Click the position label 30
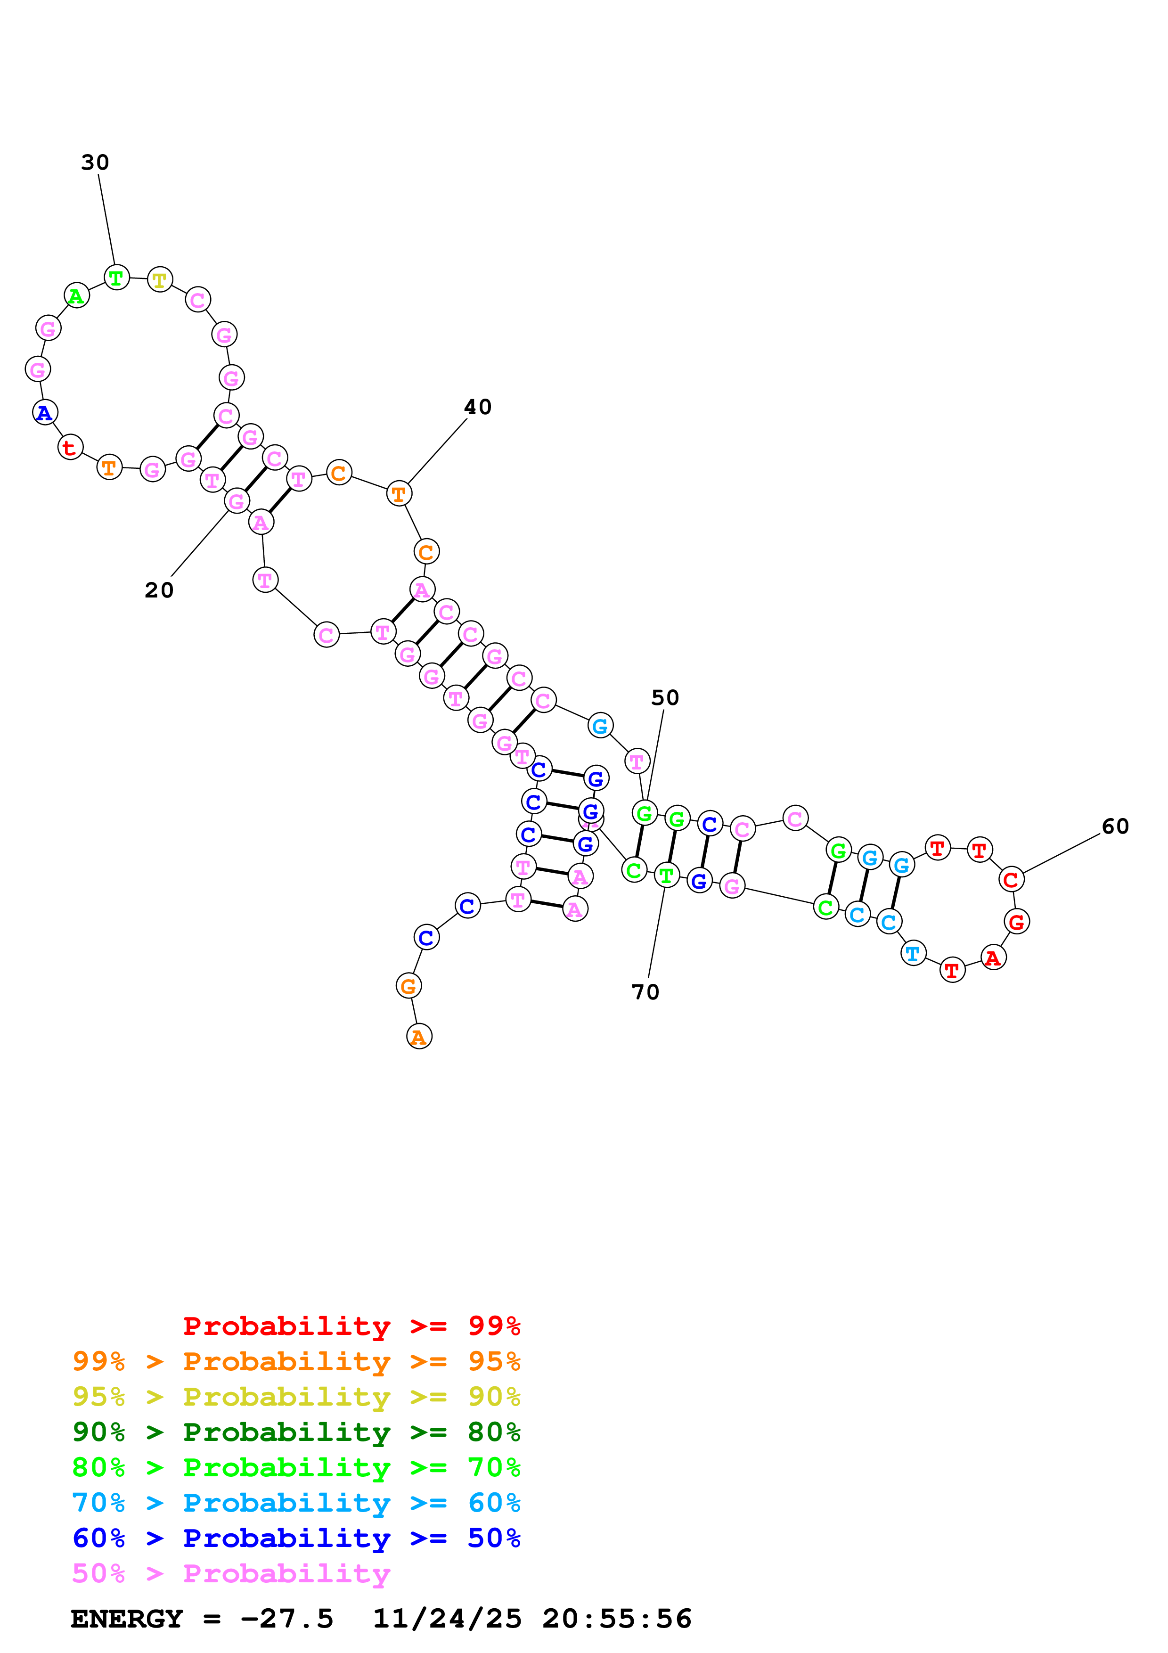(x=95, y=163)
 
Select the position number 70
(x=645, y=992)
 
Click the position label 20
(x=159, y=590)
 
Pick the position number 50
(x=665, y=698)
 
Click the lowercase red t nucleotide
(x=70, y=447)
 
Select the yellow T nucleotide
(x=160, y=280)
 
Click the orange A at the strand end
(x=419, y=1037)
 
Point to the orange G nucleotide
(x=408, y=986)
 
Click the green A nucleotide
(x=76, y=296)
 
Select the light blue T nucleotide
(x=913, y=953)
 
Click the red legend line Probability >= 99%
(x=351, y=1326)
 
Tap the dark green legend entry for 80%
(x=296, y=1432)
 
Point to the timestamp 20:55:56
(x=617, y=1619)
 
